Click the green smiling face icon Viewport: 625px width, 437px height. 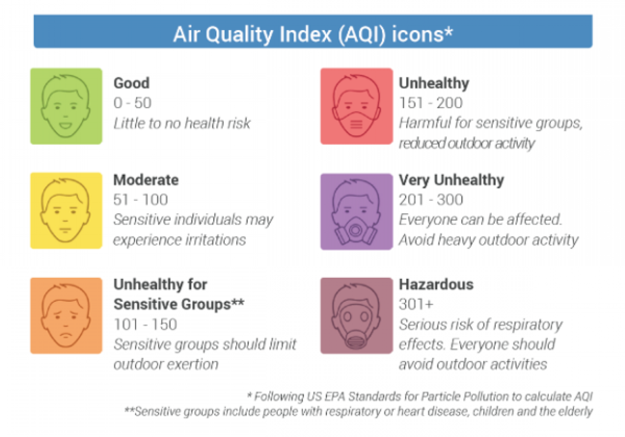point(66,106)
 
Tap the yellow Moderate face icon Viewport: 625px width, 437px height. point(66,211)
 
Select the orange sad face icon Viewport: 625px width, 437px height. point(66,316)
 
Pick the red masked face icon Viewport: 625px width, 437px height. point(357,106)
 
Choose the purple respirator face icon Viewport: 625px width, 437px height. point(357,212)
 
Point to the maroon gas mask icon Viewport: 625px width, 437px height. point(357,316)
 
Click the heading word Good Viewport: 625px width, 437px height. point(131,83)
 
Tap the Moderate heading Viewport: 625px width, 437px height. point(146,180)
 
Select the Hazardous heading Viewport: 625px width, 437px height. point(436,284)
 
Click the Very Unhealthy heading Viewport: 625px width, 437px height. point(452,180)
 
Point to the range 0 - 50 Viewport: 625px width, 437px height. point(133,103)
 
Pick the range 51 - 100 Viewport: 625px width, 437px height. point(141,199)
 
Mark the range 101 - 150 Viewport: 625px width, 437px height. point(145,324)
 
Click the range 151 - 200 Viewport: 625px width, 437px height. point(431,103)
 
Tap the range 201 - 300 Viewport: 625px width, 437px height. point(431,199)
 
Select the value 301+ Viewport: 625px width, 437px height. point(416,304)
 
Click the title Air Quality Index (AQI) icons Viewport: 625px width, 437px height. point(313,34)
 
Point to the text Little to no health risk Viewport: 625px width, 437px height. point(182,123)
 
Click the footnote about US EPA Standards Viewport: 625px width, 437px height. point(420,396)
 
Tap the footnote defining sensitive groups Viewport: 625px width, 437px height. point(359,411)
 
